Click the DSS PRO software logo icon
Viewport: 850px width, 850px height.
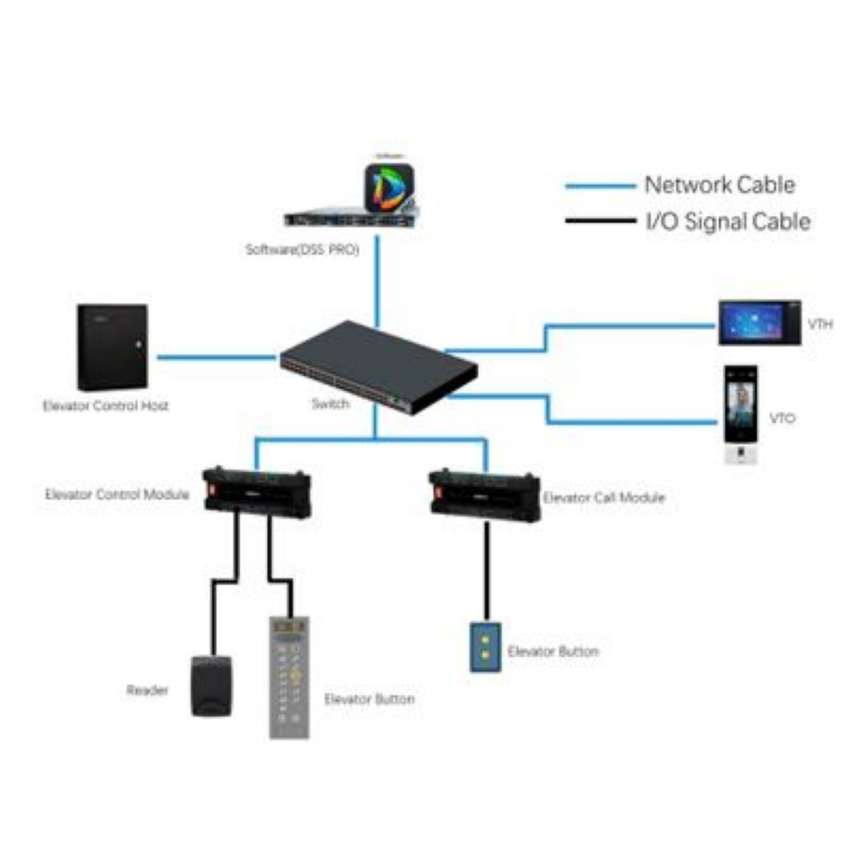(x=389, y=188)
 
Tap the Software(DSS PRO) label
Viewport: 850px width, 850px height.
(x=302, y=250)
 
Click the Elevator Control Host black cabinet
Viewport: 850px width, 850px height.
(x=113, y=347)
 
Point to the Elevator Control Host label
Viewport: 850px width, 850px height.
(x=106, y=407)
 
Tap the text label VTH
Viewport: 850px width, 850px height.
(x=820, y=325)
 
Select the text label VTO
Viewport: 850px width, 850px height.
(x=781, y=419)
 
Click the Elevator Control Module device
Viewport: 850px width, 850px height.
(x=257, y=490)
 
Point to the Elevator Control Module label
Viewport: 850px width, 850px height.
(x=117, y=494)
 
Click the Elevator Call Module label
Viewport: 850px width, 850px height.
(x=603, y=498)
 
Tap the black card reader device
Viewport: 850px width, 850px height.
(x=212, y=685)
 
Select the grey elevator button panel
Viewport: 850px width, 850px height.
(x=290, y=677)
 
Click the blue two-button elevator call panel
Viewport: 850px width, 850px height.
(x=485, y=647)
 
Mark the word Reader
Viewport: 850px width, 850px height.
(x=147, y=690)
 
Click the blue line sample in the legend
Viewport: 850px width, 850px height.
(x=599, y=186)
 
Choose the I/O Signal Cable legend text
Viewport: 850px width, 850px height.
(x=727, y=222)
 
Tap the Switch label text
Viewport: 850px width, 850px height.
(x=330, y=404)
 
